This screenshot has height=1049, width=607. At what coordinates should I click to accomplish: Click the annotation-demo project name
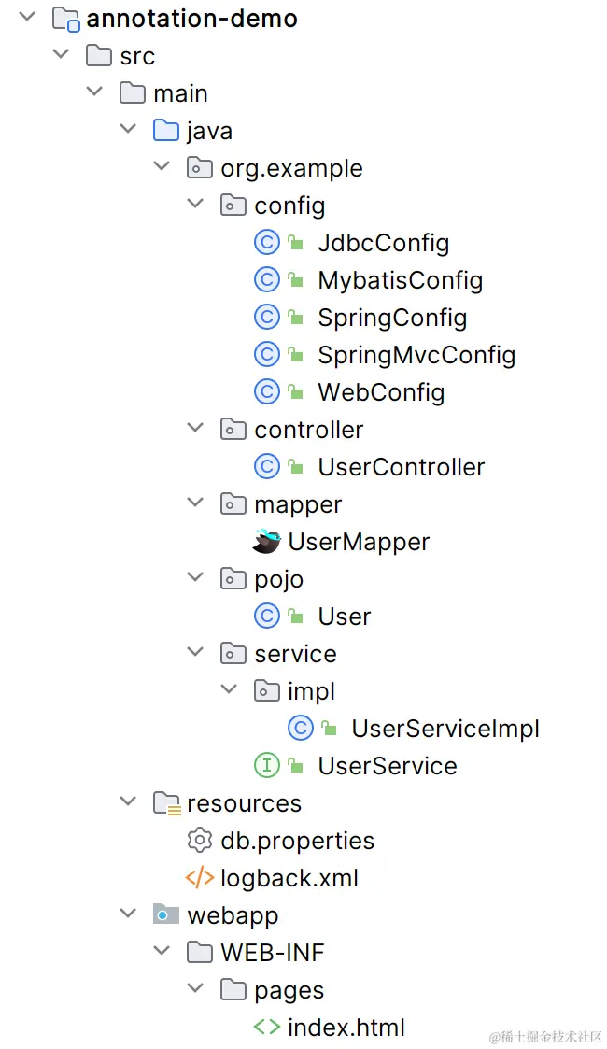pos(191,19)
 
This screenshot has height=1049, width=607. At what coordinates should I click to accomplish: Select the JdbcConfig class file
pos(383,243)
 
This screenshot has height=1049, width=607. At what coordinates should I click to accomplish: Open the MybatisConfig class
pos(400,280)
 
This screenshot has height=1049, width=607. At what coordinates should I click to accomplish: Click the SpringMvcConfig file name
pos(416,355)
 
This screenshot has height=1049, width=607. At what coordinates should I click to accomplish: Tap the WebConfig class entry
pos(381,392)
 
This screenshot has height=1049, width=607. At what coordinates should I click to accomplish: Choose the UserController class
pos(401,467)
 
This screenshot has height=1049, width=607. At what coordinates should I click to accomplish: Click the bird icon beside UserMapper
pos(267,542)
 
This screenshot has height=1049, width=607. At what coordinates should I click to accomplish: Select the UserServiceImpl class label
pos(445,729)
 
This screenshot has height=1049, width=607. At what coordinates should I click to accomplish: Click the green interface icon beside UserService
pos(267,766)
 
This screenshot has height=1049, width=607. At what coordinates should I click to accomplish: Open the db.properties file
pos(297,841)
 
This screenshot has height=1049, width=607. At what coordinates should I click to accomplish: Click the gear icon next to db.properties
pos(200,841)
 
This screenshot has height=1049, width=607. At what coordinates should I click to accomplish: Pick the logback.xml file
pos(289,878)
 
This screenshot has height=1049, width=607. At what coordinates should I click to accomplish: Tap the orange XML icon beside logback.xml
pos(200,878)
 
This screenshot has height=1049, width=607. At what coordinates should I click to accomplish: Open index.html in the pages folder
pos(346,1028)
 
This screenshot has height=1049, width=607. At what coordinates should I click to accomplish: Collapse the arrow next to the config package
pos(195,205)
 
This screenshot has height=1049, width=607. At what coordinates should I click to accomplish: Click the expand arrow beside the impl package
pos(229,690)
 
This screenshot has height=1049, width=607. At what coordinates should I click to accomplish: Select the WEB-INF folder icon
pos(200,953)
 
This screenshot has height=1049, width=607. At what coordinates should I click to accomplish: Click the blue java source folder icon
pos(166,131)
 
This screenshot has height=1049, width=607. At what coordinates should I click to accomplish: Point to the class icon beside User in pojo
pos(267,617)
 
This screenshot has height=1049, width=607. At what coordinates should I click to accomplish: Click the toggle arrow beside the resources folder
pos(128,802)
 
